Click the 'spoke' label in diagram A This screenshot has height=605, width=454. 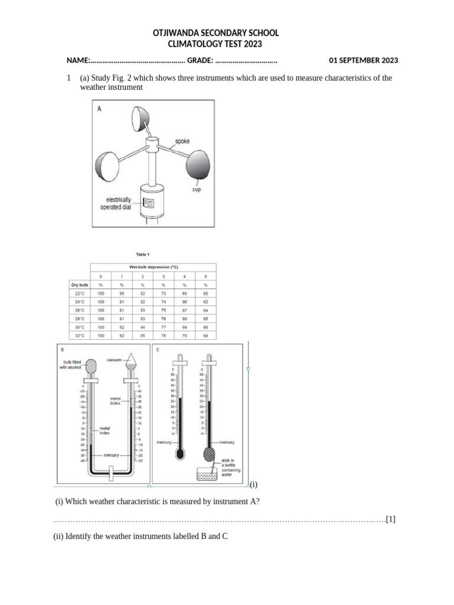click(182, 142)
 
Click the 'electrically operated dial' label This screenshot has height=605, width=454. click(118, 204)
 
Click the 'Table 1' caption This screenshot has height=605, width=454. click(142, 255)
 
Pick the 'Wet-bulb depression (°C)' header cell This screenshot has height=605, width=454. click(153, 267)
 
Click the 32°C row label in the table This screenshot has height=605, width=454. click(79, 336)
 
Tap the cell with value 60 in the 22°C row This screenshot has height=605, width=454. click(206, 294)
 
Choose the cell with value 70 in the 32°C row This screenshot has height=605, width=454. click(184, 336)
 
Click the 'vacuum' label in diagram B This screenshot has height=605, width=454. click(113, 359)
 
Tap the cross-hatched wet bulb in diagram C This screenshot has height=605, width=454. click(210, 453)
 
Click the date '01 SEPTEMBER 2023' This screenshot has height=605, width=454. click(363, 60)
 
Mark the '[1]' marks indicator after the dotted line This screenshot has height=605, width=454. click(390, 519)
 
